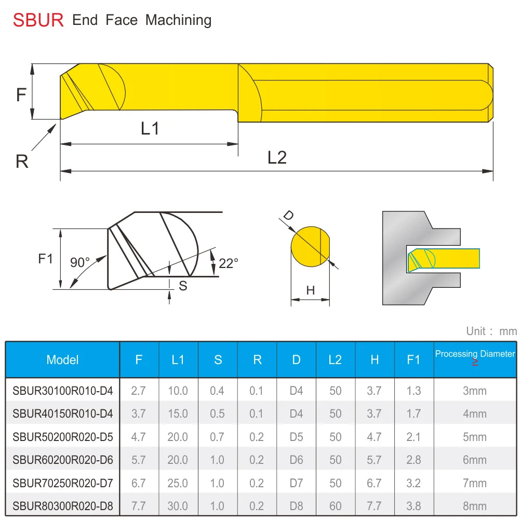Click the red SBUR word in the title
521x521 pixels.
pos(38,20)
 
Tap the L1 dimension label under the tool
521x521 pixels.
pos(150,128)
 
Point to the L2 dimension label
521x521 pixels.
pos(277,157)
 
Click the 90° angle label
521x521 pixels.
pos(80,262)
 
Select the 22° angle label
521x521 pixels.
pos(228,263)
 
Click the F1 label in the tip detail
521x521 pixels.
pos(46,259)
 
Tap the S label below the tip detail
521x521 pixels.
pos(183,286)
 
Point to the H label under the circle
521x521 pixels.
pos(310,290)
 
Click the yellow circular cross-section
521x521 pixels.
pos(310,247)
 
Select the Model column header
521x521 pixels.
pos(62,359)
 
